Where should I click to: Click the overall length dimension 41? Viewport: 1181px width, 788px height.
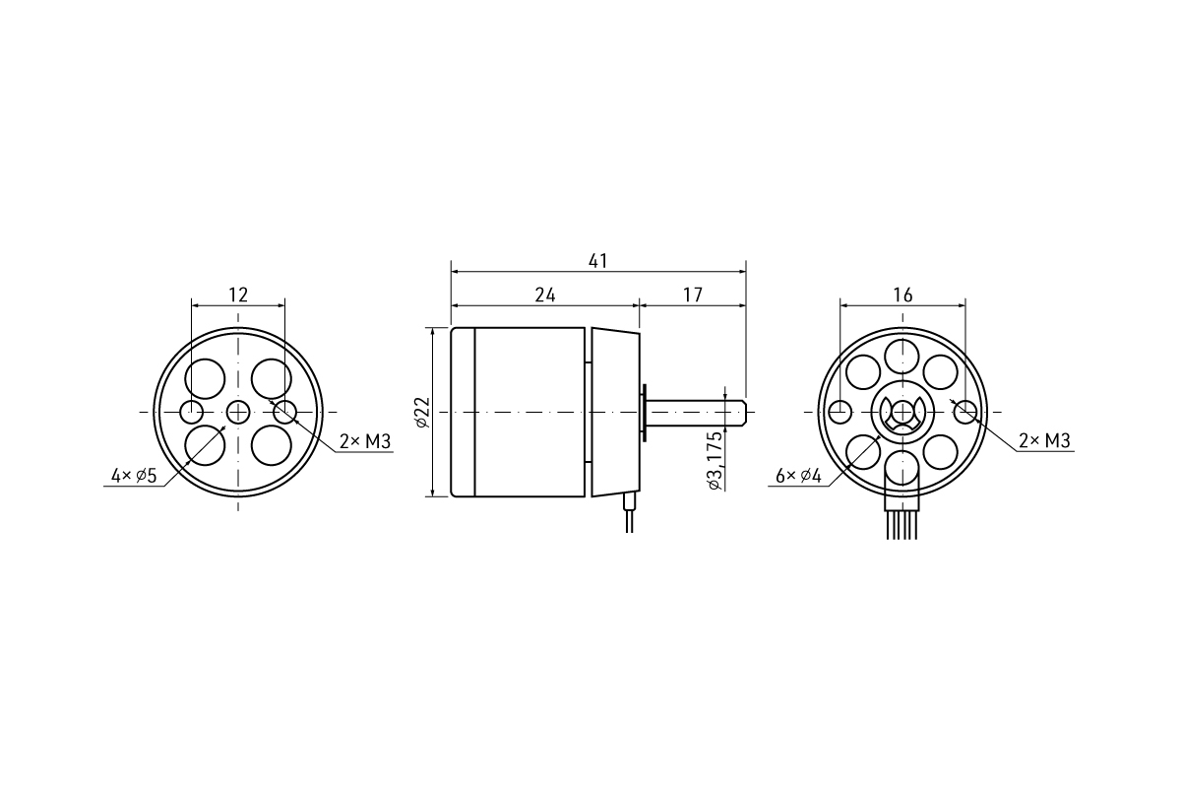pyautogui.click(x=598, y=261)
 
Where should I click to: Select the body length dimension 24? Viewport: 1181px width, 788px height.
pyautogui.click(x=545, y=295)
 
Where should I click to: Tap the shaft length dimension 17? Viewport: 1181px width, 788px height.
pyautogui.click(x=693, y=295)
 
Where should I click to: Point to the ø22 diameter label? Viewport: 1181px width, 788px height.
pyautogui.click(x=423, y=412)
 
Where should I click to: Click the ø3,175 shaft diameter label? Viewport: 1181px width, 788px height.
pyautogui.click(x=715, y=461)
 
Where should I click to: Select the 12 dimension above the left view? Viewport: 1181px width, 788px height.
pyautogui.click(x=238, y=295)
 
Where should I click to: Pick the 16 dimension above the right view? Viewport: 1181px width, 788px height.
pyautogui.click(x=902, y=295)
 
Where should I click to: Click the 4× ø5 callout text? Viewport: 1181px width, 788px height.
pyautogui.click(x=134, y=476)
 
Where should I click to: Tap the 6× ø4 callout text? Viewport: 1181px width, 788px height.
pyautogui.click(x=798, y=476)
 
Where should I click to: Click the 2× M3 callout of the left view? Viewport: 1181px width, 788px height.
pyautogui.click(x=365, y=441)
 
